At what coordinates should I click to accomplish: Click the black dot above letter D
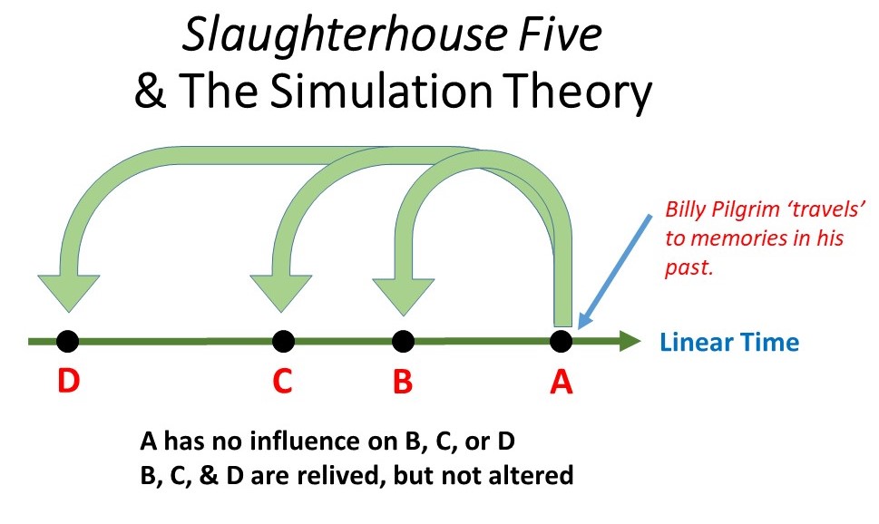pyautogui.click(x=67, y=341)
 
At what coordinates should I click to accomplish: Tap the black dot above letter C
pyautogui.click(x=283, y=341)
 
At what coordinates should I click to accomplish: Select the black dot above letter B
pyautogui.click(x=403, y=341)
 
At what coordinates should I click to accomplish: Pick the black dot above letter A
pyautogui.click(x=561, y=341)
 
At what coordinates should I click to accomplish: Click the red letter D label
pyautogui.click(x=68, y=382)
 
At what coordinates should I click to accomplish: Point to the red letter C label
pyautogui.click(x=282, y=382)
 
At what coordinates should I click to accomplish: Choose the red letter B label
pyautogui.click(x=403, y=382)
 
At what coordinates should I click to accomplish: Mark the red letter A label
pyautogui.click(x=562, y=382)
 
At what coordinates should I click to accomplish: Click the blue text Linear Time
pyautogui.click(x=729, y=343)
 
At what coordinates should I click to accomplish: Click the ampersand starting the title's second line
pyautogui.click(x=149, y=92)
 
